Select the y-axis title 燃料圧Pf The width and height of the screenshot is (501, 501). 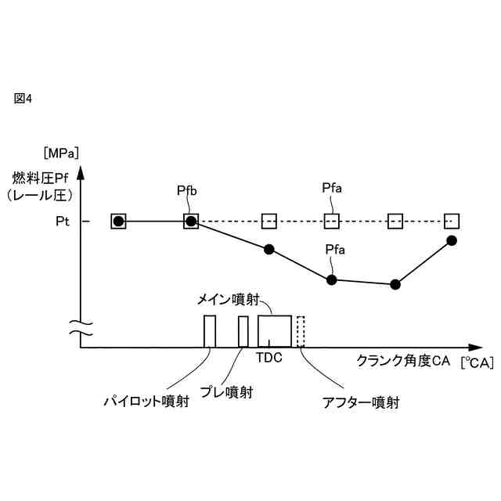point(40,176)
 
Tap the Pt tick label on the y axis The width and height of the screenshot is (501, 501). point(63,222)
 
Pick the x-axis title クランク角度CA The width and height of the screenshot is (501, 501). point(401,362)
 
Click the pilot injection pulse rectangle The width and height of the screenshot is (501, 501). point(209,330)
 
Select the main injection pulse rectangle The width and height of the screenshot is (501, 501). point(275,330)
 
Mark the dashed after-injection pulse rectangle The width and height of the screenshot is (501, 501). point(301,330)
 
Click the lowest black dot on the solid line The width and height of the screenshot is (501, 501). point(395,284)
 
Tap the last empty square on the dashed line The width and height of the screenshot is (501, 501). point(451,221)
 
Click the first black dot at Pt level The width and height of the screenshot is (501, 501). point(118,222)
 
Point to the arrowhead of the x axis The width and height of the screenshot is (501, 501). point(478,347)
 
